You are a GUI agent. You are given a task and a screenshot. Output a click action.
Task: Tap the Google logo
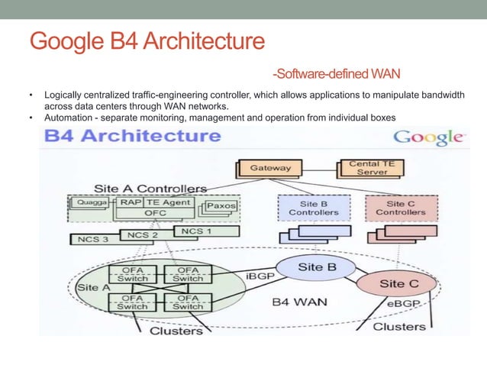(427, 138)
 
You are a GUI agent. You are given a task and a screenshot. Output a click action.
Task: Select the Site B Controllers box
(313, 208)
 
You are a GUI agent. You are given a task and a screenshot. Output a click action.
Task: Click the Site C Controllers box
(401, 208)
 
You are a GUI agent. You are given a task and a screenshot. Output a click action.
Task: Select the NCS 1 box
(195, 230)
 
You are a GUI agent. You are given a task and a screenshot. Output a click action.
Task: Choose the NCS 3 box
(94, 239)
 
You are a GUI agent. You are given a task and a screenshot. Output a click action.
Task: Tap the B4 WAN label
(300, 302)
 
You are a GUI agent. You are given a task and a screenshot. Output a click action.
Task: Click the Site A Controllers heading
(150, 188)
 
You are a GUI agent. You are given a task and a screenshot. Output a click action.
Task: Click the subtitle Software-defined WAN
(337, 74)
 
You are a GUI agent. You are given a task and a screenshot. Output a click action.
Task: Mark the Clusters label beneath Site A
(176, 330)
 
